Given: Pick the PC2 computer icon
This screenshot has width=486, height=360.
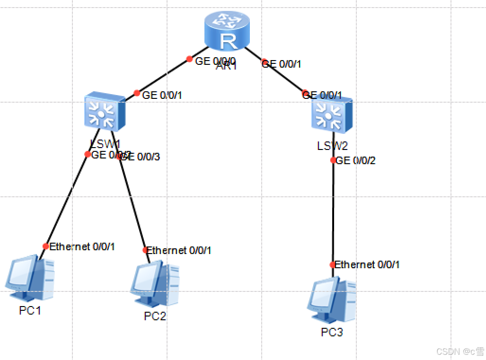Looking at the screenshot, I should coord(155,284).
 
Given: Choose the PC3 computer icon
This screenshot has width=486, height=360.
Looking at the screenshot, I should coord(332,300).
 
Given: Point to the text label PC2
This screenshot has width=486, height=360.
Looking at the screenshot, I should coord(155,316).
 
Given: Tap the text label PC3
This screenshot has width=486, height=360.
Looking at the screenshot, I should coord(332,332).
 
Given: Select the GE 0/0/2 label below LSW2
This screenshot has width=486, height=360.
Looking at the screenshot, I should coord(356,161).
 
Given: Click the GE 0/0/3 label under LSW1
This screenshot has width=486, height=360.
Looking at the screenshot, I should coord(141,157).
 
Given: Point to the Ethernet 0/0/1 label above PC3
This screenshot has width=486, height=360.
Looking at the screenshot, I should coord(367,265).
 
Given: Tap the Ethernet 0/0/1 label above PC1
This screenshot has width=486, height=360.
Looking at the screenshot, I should coord(82,246).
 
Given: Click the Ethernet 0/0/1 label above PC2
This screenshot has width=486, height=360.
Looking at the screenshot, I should coord(179,250).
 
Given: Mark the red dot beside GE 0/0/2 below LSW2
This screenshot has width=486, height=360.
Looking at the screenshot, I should coord(333,160).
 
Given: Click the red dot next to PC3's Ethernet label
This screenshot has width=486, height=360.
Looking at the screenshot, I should coord(333,265).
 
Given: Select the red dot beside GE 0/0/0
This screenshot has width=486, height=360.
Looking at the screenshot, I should coord(189,59).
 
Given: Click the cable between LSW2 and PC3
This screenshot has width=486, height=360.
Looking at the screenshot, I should coord(333,213).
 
